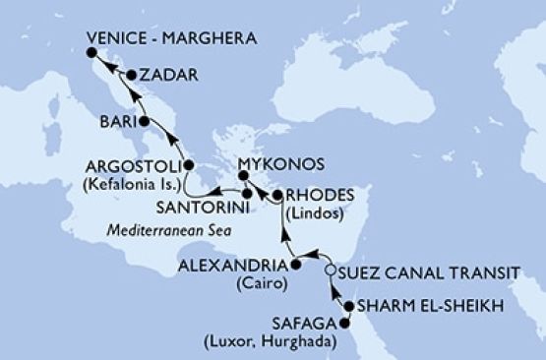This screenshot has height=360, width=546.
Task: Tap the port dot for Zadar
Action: click(x=132, y=74)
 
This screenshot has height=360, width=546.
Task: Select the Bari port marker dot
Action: click(x=145, y=122)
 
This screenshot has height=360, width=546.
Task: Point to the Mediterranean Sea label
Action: click(x=162, y=234)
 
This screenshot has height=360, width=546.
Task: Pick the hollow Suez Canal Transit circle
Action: click(x=330, y=270)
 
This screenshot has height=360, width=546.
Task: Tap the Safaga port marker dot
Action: click(x=344, y=322)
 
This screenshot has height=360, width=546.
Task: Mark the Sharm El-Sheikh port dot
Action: click(x=349, y=307)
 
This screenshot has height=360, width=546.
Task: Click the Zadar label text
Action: click(x=166, y=75)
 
